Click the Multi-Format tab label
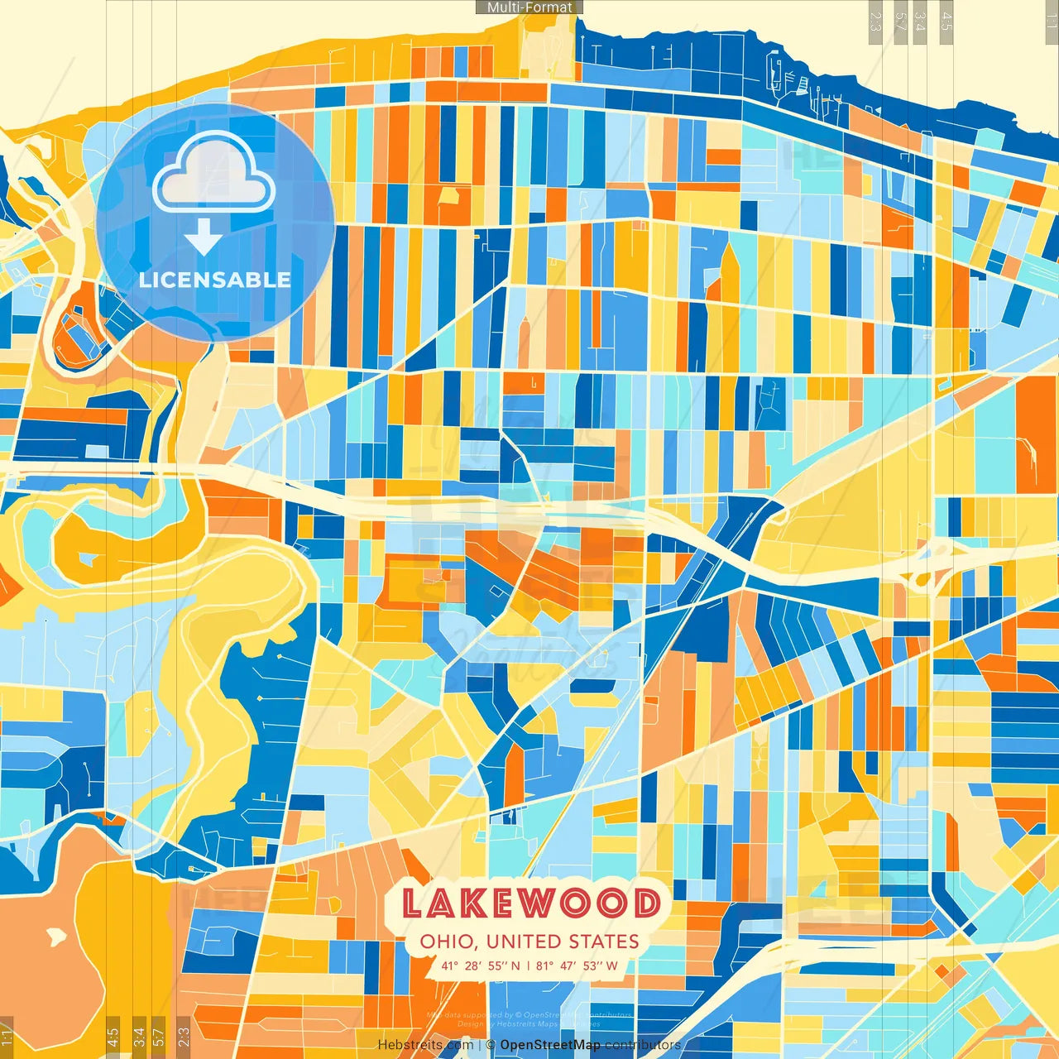(529, 7)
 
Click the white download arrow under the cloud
(204, 236)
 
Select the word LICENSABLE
(215, 280)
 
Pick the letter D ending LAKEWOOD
(645, 903)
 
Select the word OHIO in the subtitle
(447, 942)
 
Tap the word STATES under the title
(603, 942)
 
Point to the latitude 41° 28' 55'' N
(481, 966)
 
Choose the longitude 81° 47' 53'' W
(577, 966)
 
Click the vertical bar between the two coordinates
(529, 966)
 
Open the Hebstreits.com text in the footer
(425, 1045)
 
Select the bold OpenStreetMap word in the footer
(550, 1045)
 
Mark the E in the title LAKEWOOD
(505, 903)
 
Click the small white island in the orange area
(55, 937)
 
